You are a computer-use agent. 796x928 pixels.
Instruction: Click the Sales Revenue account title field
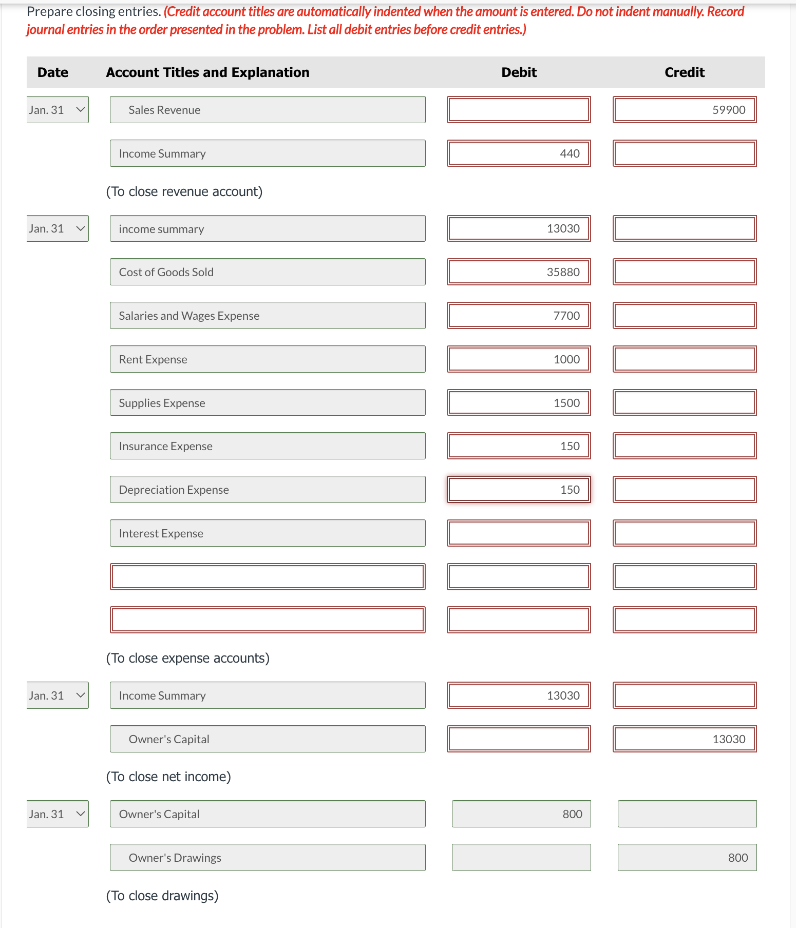(x=267, y=110)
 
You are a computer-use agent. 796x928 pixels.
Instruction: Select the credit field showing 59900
(x=684, y=110)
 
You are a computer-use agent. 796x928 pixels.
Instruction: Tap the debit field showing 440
(x=519, y=153)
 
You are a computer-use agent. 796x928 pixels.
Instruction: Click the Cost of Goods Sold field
(x=267, y=272)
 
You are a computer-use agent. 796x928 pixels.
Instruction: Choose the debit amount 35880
(x=519, y=272)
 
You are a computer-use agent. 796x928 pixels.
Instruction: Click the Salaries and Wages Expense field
(x=267, y=316)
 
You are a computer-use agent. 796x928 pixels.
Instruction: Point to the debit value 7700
(x=519, y=316)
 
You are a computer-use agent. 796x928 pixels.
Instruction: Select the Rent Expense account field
(x=267, y=359)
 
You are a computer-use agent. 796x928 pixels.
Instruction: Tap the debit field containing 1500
(x=519, y=403)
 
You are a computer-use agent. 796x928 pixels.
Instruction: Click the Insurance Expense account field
(x=267, y=446)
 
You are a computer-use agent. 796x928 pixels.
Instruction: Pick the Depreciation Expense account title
(x=267, y=490)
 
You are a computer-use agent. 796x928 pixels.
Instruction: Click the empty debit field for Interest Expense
(x=519, y=533)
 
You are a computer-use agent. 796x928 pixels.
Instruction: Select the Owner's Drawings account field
(x=267, y=858)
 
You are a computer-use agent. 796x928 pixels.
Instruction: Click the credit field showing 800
(x=687, y=858)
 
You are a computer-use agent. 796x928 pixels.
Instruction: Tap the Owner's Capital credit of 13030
(x=684, y=739)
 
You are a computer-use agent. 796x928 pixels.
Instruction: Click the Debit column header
(x=519, y=72)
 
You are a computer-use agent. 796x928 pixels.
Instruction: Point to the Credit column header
(x=684, y=72)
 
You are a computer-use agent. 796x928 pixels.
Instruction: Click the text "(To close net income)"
(x=168, y=777)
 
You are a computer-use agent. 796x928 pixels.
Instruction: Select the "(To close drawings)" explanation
(x=162, y=896)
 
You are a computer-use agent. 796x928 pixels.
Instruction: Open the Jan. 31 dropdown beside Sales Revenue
(x=58, y=110)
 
